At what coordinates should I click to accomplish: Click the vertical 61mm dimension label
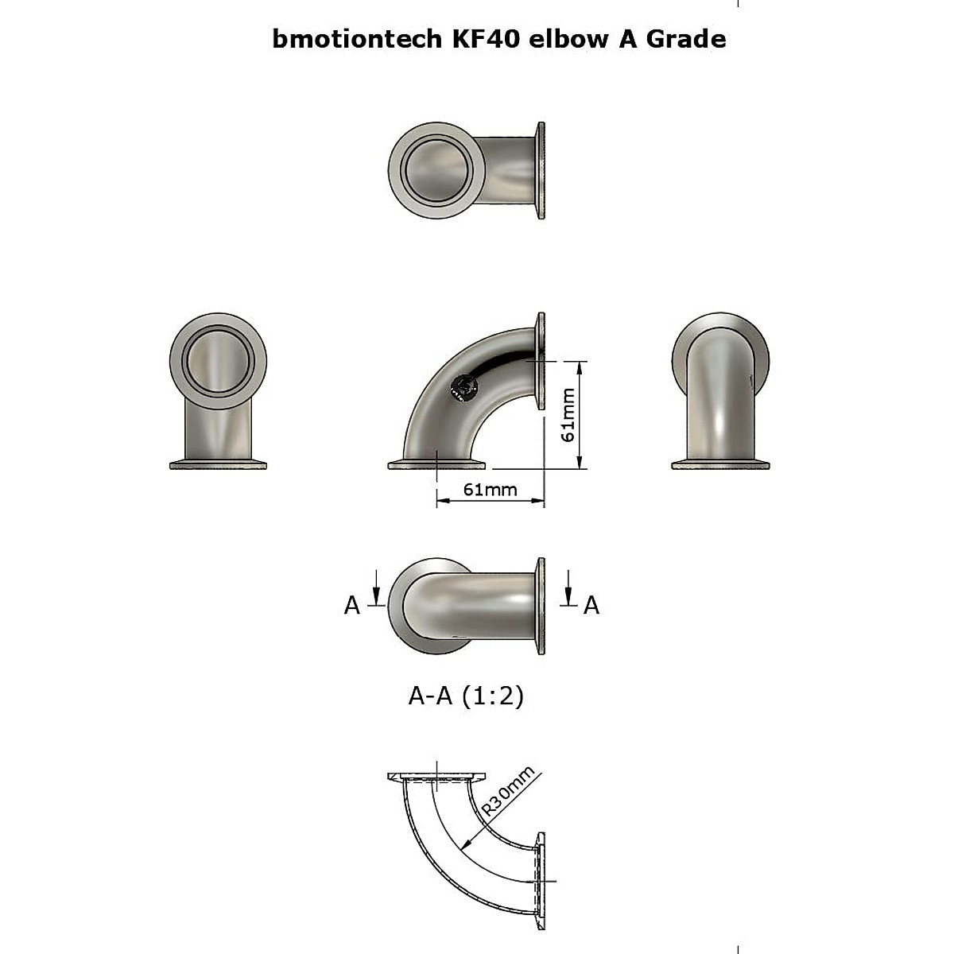tap(568, 416)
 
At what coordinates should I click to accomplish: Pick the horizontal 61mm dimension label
tap(490, 489)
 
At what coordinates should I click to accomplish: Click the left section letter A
tap(352, 606)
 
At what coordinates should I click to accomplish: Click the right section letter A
tap(591, 606)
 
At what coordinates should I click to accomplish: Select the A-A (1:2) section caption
tap(466, 696)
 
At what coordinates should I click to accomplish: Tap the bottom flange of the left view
tap(219, 465)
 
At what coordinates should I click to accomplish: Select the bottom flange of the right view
tap(720, 465)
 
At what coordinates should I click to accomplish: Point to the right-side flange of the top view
tap(541, 170)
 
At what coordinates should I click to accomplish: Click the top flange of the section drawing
tap(436, 776)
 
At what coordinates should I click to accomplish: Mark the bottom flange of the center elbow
tap(436, 465)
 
